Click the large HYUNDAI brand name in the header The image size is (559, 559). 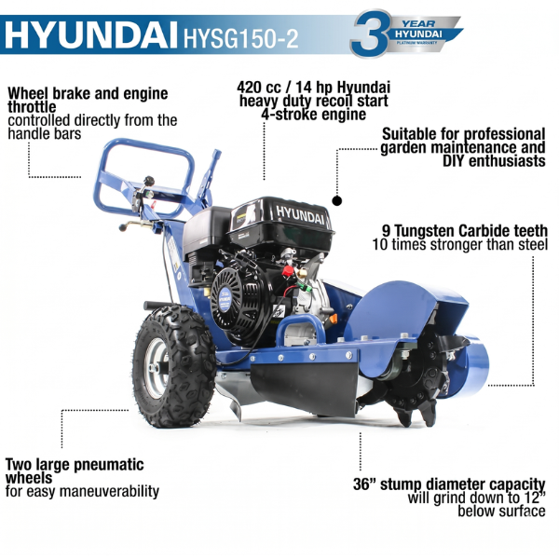91,35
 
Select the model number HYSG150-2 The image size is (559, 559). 240,38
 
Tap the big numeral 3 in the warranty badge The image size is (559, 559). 370,34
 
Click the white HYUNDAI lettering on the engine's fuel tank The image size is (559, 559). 300,215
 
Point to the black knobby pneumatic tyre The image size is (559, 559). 174,366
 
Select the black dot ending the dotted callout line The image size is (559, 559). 337,200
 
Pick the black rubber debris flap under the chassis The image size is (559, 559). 305,388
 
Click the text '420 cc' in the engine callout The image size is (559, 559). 259,87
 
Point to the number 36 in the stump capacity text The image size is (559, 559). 361,484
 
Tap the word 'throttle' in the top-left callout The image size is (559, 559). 32,107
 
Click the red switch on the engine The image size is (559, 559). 287,271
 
